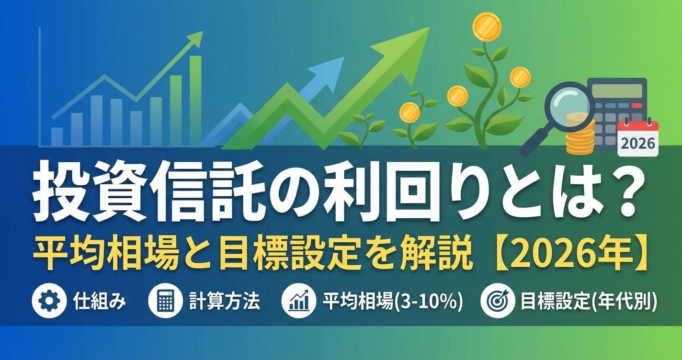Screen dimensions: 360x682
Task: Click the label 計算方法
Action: click(x=224, y=302)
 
